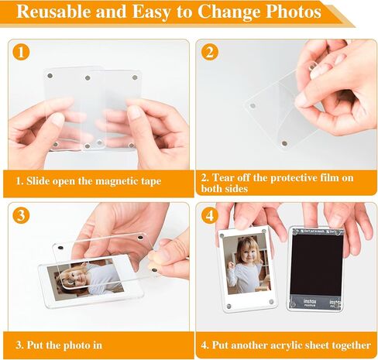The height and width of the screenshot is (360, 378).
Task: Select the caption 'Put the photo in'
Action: (x=59, y=345)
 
